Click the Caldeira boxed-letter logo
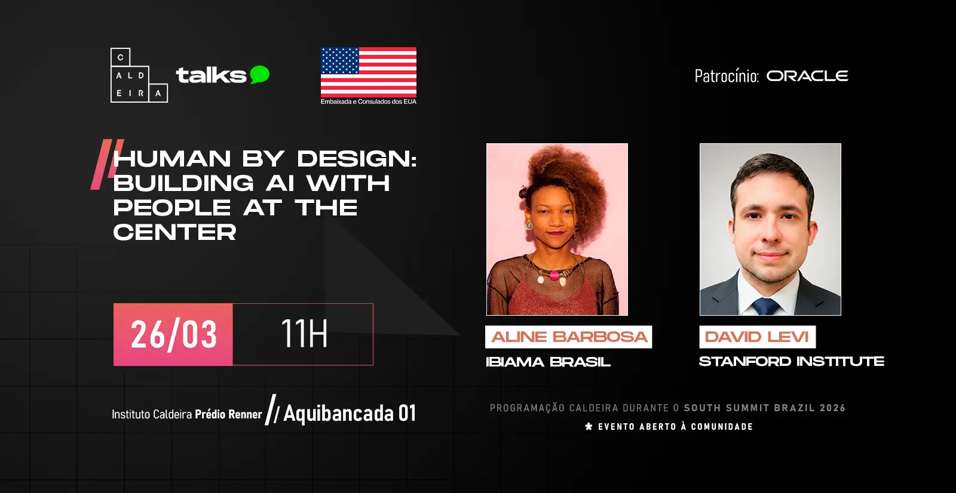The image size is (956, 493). tap(139, 75)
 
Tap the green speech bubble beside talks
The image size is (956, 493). tap(259, 74)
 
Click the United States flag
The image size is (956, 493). tap(369, 72)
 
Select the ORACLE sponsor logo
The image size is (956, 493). tap(807, 76)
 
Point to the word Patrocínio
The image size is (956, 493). tap(727, 76)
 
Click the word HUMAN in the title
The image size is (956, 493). tap(172, 159)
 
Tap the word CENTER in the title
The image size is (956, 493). tap(174, 232)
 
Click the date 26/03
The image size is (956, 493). tap(174, 335)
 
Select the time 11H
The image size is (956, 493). tap(304, 333)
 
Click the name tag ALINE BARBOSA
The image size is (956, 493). tap(568, 337)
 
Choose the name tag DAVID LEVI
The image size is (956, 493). tap(757, 337)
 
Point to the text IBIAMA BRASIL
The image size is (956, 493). tap(548, 362)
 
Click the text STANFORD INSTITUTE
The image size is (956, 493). tap(791, 362)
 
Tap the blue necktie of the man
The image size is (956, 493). tap(765, 307)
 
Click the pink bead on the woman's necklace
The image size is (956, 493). tap(554, 276)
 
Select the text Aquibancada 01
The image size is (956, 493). tap(350, 413)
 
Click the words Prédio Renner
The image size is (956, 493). tap(228, 414)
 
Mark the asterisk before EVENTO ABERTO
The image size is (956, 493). tap(589, 426)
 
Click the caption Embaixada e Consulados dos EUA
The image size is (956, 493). tap(368, 101)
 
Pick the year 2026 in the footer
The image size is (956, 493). tap(833, 408)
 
